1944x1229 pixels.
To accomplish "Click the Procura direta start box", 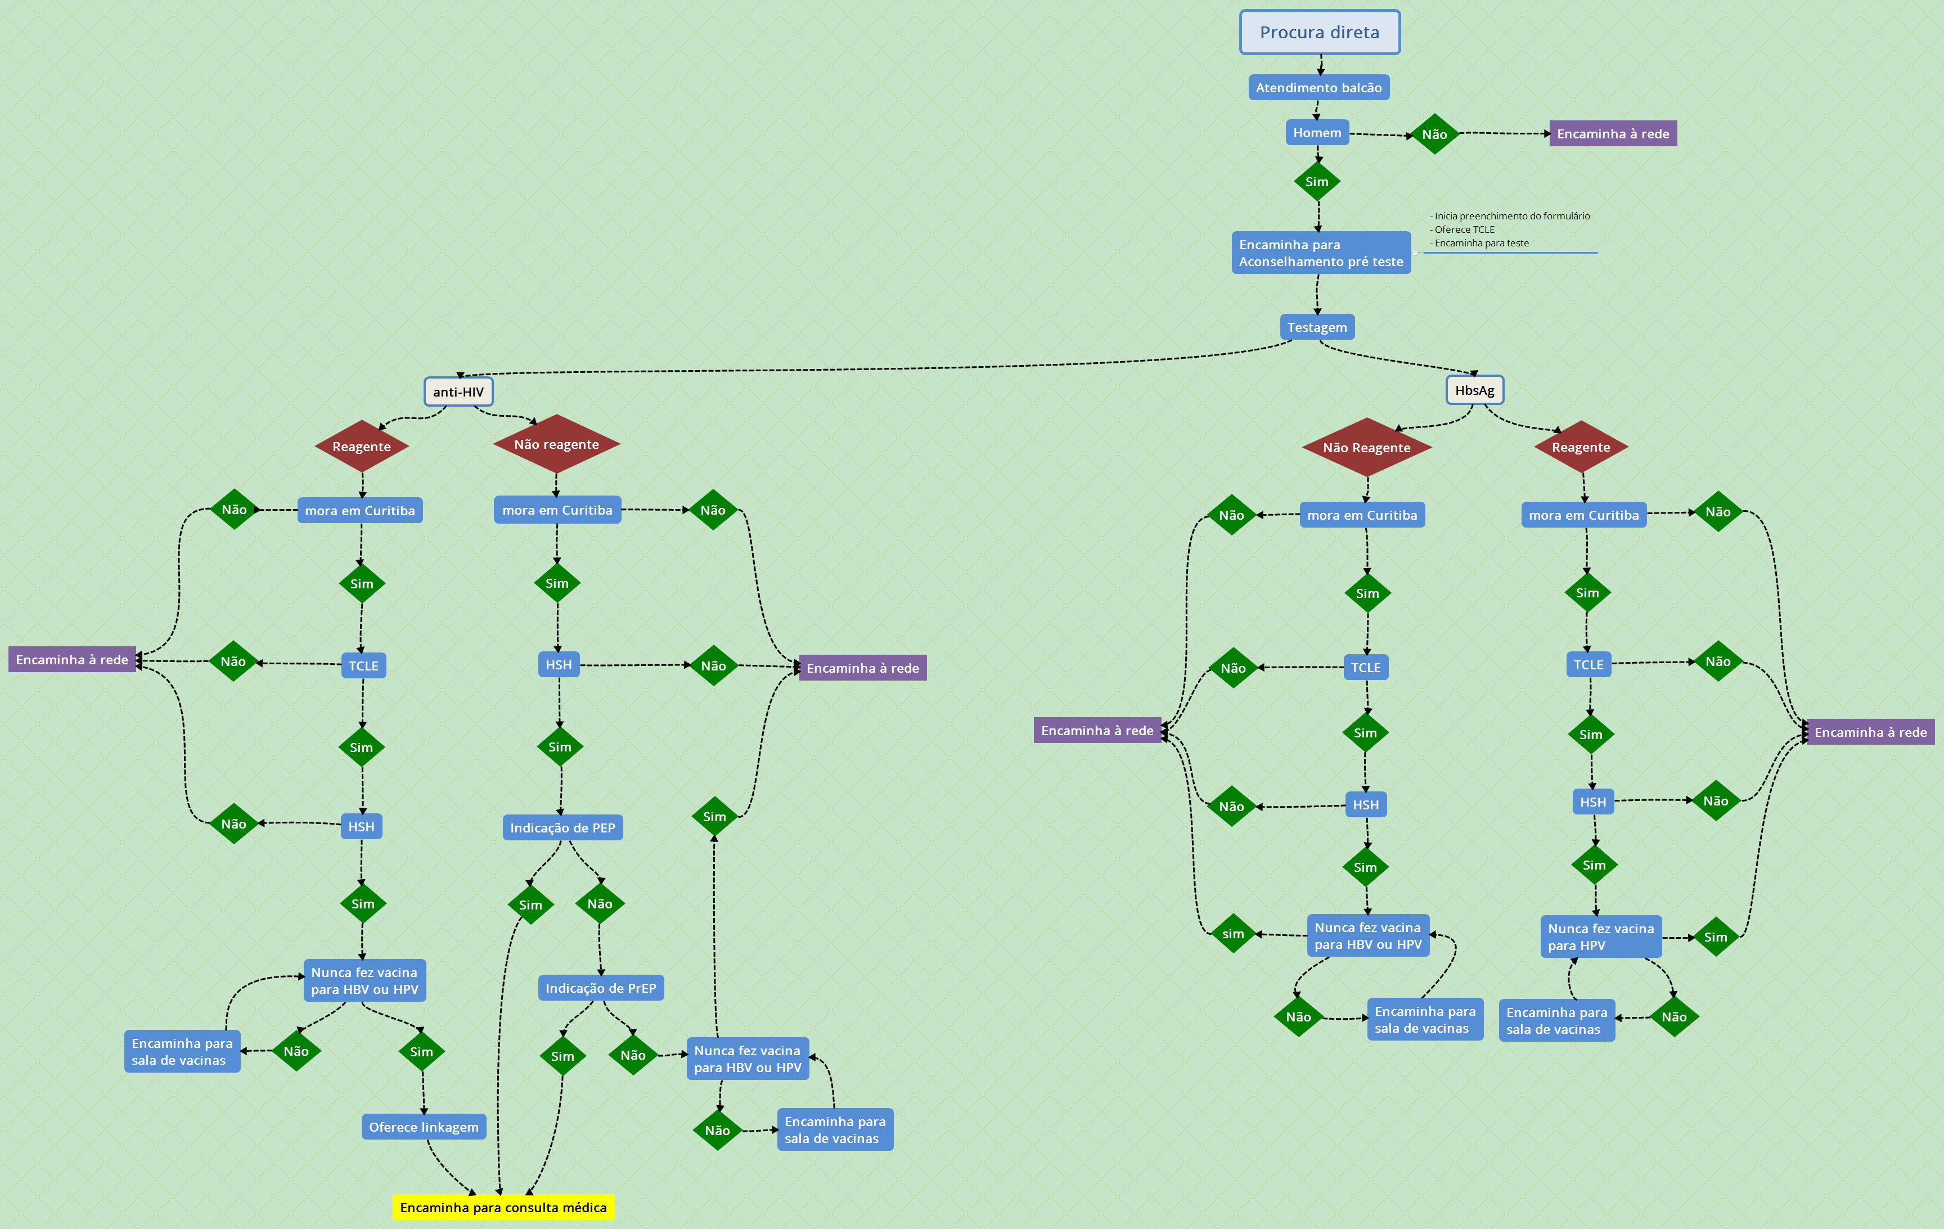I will tap(1319, 32).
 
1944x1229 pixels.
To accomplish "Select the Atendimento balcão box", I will tap(1318, 87).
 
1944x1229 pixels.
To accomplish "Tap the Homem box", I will tap(1317, 132).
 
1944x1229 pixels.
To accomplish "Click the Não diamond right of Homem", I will tap(1434, 134).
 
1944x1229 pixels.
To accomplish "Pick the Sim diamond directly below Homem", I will tap(1317, 182).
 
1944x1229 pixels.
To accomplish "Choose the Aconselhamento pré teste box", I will tap(1321, 253).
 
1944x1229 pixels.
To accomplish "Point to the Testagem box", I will tap(1317, 327).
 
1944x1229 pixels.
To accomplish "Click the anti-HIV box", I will tap(458, 391).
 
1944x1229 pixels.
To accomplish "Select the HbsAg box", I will tap(1474, 390).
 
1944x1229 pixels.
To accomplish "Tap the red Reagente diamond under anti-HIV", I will tap(362, 447).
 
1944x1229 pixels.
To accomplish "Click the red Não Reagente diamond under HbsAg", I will tap(1366, 447).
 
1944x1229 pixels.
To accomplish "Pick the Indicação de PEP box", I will tap(562, 828).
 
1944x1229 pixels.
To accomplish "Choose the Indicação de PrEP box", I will tap(601, 988).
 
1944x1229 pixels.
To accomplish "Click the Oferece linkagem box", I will tap(423, 1127).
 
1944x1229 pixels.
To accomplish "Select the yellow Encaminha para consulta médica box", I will tap(503, 1207).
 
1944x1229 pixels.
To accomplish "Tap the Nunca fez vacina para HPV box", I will tap(1600, 937).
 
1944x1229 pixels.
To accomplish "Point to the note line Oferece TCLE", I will tap(1464, 229).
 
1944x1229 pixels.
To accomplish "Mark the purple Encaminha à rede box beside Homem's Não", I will tap(1612, 134).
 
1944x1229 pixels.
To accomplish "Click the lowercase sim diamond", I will tap(1233, 934).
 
